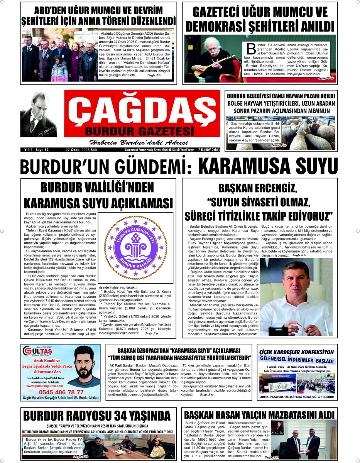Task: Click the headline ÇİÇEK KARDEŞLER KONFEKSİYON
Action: tap(296, 352)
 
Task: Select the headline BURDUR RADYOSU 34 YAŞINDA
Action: tap(97, 416)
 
